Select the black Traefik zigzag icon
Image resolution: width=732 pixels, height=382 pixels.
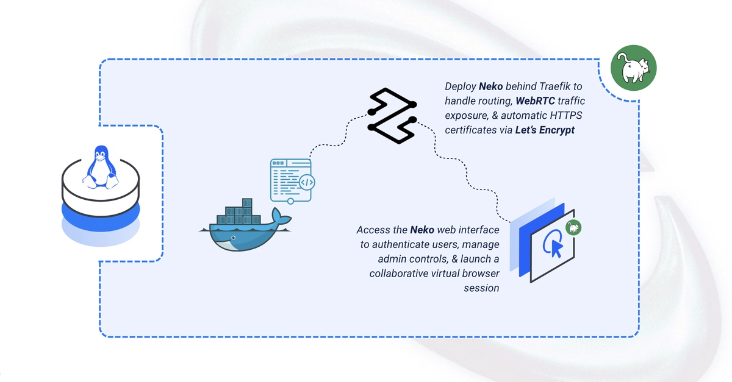coord(392,116)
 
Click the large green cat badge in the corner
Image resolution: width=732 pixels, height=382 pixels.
coord(634,68)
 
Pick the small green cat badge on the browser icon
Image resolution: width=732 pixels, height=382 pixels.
coord(573,228)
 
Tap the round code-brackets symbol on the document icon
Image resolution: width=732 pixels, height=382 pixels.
coord(307,182)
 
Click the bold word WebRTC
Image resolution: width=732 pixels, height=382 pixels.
coord(536,101)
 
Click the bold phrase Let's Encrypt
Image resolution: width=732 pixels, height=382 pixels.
coord(545,130)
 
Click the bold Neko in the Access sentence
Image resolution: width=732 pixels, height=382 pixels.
coord(422,230)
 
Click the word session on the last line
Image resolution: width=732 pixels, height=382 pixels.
coord(481,288)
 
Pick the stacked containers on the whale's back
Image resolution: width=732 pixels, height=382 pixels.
coord(239,211)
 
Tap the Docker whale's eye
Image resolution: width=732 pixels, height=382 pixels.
coord(233,238)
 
